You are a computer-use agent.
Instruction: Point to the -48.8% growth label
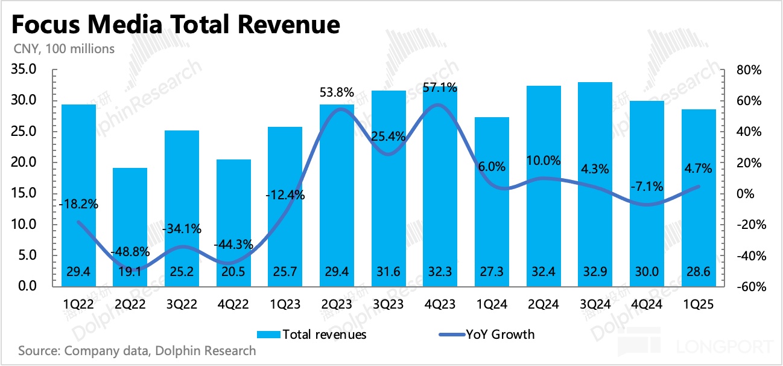(x=130, y=252)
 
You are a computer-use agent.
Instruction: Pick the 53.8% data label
(x=337, y=93)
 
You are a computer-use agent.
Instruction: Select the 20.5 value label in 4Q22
(x=233, y=272)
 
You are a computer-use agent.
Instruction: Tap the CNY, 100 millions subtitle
(x=63, y=49)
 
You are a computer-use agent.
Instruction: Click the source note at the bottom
(x=137, y=350)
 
